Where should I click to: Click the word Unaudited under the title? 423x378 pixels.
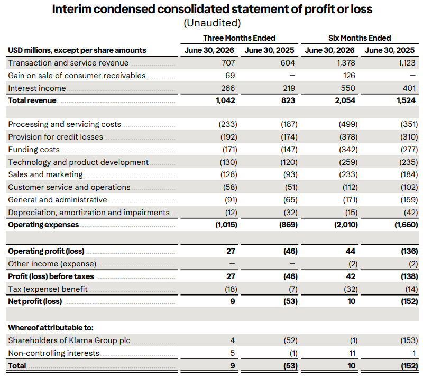(212, 23)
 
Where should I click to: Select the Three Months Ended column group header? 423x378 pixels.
(240, 38)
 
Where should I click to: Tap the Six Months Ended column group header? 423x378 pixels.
(360, 38)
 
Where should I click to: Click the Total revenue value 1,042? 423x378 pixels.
(225, 100)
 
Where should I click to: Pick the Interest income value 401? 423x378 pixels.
(409, 88)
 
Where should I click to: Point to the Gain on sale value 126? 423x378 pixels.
(349, 76)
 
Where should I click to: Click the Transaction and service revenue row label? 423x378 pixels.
(68, 63)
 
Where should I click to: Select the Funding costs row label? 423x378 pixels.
(34, 150)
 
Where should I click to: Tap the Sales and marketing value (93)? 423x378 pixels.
(290, 174)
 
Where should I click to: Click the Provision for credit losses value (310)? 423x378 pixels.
(409, 137)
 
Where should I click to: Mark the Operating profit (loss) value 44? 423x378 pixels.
(351, 251)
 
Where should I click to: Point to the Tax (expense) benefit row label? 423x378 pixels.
(48, 289)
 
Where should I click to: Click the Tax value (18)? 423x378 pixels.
(231, 289)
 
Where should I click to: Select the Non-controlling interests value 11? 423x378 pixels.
(352, 353)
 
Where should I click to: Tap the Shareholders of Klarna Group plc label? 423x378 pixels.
(69, 340)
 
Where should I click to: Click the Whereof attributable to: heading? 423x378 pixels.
(51, 328)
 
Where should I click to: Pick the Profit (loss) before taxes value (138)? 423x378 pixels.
(409, 276)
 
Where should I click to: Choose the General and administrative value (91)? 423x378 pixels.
(231, 200)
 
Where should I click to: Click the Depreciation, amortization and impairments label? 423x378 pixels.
(89, 213)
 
